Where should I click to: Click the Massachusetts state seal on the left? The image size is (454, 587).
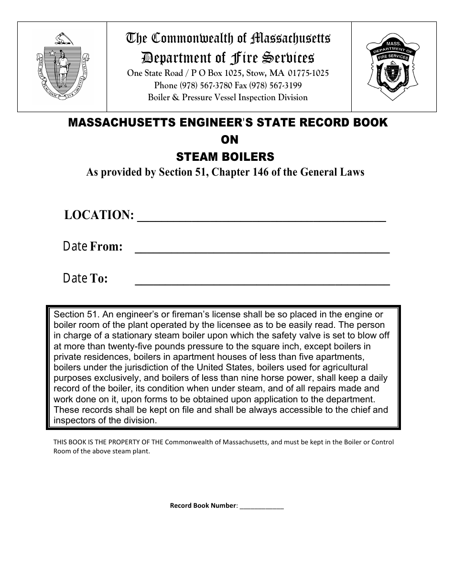62,67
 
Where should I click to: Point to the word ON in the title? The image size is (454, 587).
228,140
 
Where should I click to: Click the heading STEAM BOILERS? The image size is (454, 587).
225,157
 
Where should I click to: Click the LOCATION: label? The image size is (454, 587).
99,215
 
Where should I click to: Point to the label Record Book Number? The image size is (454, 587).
203,506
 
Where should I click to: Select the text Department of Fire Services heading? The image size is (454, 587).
227,58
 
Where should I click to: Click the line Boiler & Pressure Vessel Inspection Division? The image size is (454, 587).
227,97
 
